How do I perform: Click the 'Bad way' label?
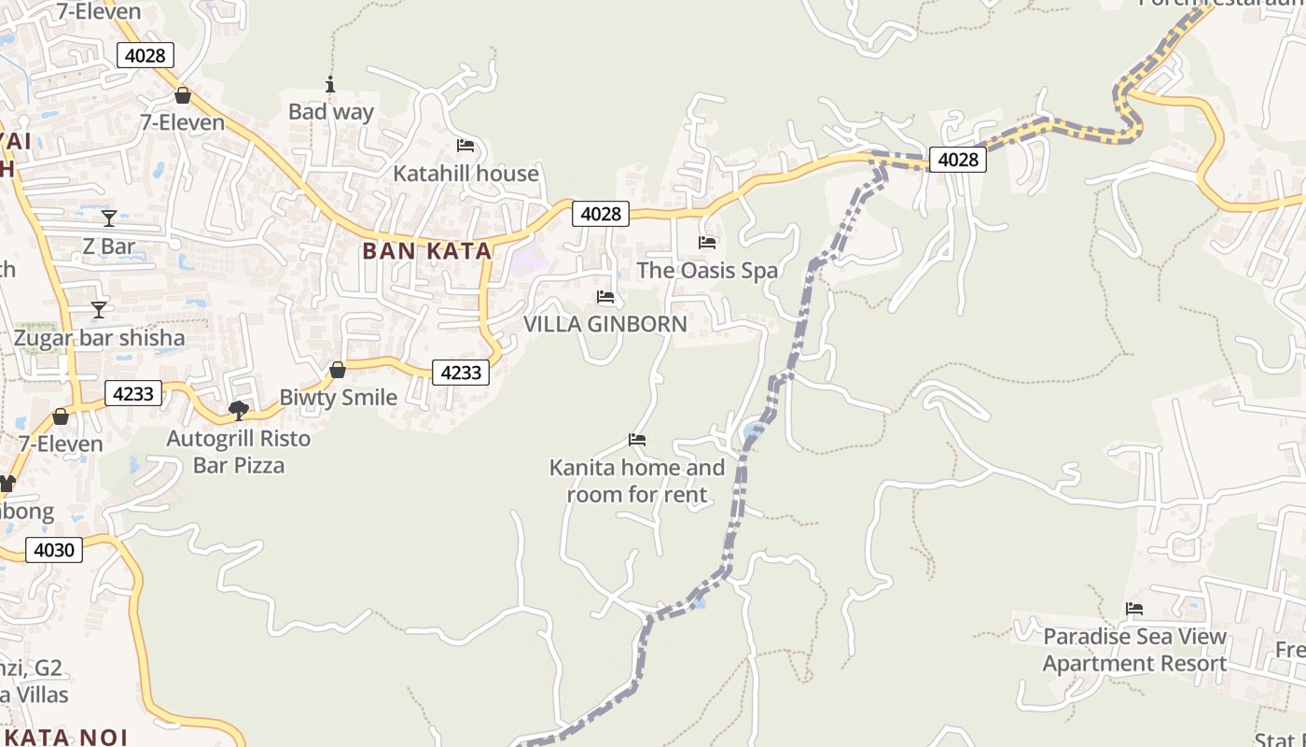pyautogui.click(x=330, y=112)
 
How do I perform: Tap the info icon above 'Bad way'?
pyautogui.click(x=330, y=85)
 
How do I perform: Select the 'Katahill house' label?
pyautogui.click(x=465, y=174)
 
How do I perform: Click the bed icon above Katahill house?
pyautogui.click(x=465, y=145)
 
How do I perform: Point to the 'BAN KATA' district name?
pyautogui.click(x=426, y=250)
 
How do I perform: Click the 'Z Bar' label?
pyautogui.click(x=109, y=247)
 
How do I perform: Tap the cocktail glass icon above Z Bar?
pyautogui.click(x=109, y=218)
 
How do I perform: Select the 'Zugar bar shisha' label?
pyautogui.click(x=99, y=337)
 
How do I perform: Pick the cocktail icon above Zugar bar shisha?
pyautogui.click(x=99, y=309)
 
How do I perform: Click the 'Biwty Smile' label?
pyautogui.click(x=338, y=397)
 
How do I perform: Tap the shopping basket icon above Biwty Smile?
pyautogui.click(x=338, y=370)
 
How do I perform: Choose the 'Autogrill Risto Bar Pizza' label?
pyautogui.click(x=239, y=451)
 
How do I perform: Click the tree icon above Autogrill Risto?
pyautogui.click(x=239, y=410)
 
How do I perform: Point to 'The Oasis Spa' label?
pyautogui.click(x=707, y=271)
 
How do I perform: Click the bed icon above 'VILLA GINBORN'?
pyautogui.click(x=605, y=297)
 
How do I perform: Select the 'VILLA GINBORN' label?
pyautogui.click(x=605, y=324)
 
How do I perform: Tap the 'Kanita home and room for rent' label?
pyautogui.click(x=637, y=481)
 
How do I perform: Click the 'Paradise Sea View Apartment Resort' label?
pyautogui.click(x=1134, y=650)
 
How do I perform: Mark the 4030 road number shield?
pyautogui.click(x=53, y=550)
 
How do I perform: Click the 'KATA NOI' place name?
pyautogui.click(x=65, y=737)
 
